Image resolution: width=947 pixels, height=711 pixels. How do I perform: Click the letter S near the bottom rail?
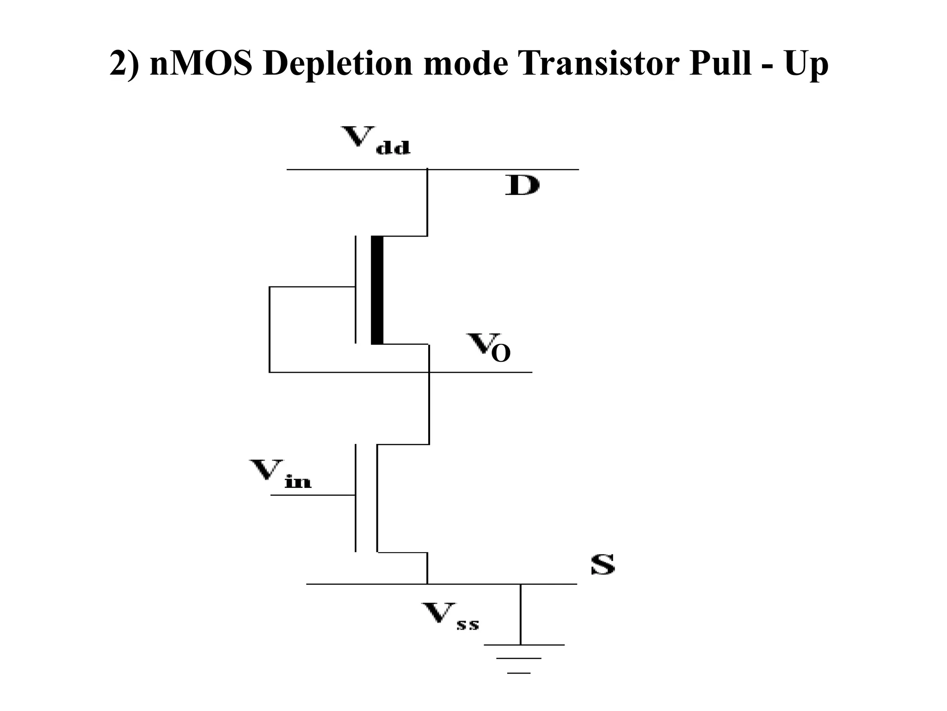coord(603,564)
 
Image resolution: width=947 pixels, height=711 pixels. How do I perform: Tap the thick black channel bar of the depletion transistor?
coord(377,290)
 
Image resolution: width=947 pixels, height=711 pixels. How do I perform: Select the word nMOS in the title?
coord(201,63)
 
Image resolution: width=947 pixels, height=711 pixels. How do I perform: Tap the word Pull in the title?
coord(719,63)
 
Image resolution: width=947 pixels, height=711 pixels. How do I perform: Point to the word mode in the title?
coord(465,63)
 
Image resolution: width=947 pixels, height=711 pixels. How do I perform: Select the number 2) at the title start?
coord(124,64)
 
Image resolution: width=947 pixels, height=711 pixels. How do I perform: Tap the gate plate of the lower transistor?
coord(356,498)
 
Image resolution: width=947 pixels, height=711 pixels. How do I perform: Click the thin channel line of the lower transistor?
coord(377,498)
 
